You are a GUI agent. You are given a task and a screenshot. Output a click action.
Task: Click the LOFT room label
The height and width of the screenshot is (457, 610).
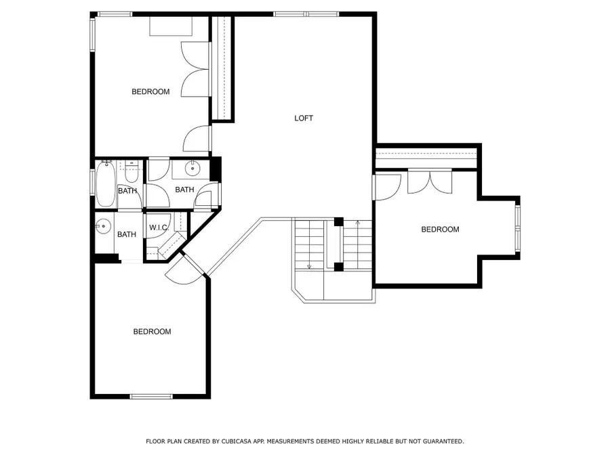(304, 118)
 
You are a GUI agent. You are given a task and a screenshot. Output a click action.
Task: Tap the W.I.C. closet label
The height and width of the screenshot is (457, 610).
(158, 227)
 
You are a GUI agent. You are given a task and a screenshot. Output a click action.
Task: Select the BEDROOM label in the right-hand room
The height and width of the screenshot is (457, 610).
(440, 230)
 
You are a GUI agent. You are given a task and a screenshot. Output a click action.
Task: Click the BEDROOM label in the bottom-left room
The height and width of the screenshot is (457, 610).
(152, 332)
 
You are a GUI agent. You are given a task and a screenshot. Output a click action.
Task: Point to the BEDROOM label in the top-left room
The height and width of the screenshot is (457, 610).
(150, 91)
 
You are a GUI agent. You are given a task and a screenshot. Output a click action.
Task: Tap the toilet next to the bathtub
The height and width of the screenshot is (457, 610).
(131, 173)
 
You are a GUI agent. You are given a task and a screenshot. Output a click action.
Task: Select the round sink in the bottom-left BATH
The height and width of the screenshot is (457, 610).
(103, 226)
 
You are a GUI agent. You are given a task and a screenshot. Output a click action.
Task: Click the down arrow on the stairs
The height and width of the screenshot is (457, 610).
(309, 265)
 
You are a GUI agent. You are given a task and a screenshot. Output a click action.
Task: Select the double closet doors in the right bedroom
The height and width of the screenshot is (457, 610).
(429, 182)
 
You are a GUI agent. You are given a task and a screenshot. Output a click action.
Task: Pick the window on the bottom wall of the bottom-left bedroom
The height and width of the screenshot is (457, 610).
(151, 396)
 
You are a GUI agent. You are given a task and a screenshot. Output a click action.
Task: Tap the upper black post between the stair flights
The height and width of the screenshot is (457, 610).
(339, 221)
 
